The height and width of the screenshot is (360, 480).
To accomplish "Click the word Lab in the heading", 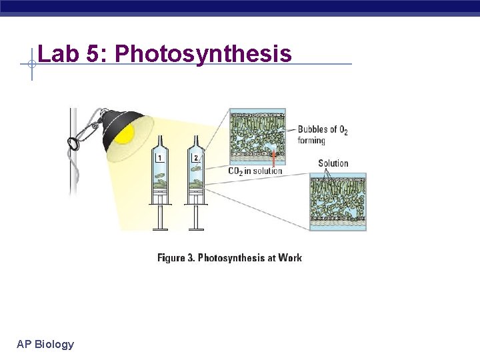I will pyautogui.click(x=59, y=53).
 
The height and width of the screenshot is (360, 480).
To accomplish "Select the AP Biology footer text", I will pyautogui.click(x=45, y=344).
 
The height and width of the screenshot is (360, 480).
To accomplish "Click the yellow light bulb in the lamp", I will pyautogui.click(x=125, y=133).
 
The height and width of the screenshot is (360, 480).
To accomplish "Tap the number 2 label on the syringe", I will pyautogui.click(x=195, y=158).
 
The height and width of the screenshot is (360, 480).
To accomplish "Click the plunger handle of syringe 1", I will pyautogui.click(x=161, y=229).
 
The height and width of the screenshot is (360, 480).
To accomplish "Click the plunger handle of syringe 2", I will pyautogui.click(x=197, y=229).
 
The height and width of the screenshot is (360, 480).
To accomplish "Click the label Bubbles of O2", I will pyautogui.click(x=323, y=130).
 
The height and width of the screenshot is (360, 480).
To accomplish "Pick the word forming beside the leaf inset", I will pyautogui.click(x=311, y=141).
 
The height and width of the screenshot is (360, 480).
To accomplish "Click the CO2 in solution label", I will pyautogui.click(x=255, y=171).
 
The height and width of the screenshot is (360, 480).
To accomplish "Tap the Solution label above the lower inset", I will pyautogui.click(x=333, y=163).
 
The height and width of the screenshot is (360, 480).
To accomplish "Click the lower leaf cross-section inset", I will pyautogui.click(x=337, y=202).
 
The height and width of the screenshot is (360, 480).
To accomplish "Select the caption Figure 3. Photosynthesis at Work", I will pyautogui.click(x=229, y=258).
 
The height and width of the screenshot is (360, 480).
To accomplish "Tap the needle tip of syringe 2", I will pyautogui.click(x=196, y=137).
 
